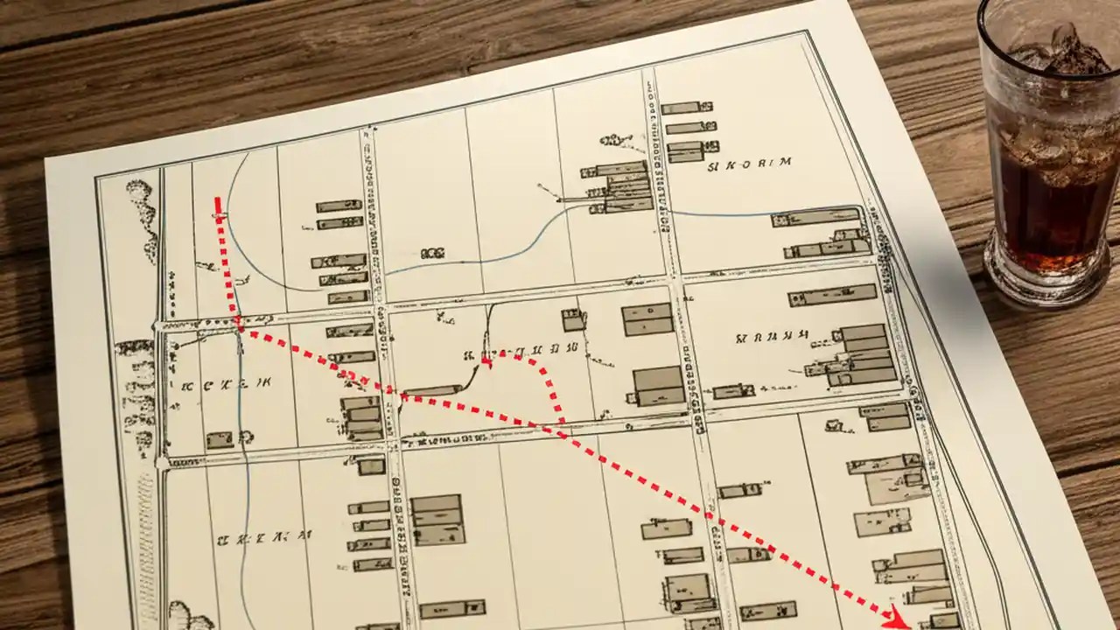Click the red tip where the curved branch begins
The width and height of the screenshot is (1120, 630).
[486, 361]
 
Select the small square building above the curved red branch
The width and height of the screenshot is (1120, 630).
[574, 320]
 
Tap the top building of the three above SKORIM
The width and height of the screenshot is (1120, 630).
[681, 108]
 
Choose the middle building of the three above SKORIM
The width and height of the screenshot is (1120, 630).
[690, 128]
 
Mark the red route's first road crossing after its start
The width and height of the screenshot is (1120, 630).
[239, 324]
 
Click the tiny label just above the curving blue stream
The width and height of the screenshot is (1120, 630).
[431, 253]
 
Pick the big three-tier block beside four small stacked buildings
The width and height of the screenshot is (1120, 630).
[437, 518]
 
